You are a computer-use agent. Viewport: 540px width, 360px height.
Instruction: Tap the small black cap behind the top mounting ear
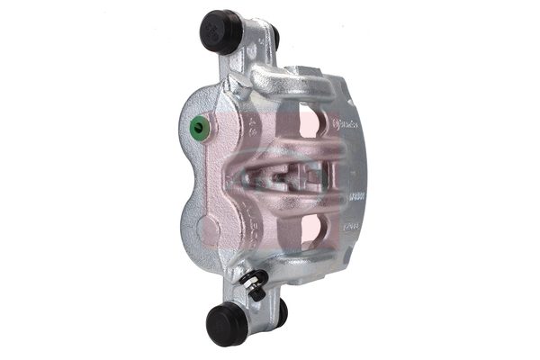pos(274,38)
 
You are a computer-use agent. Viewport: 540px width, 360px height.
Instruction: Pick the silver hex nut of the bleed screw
pos(253,291)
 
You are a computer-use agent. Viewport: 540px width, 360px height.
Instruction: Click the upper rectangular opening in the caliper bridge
pos(308,123)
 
